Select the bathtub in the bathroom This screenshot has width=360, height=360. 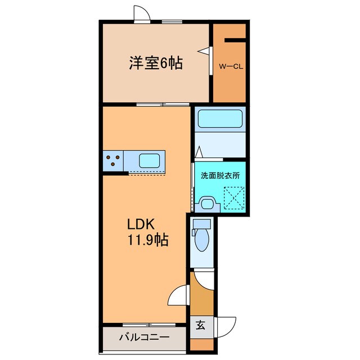(220, 119)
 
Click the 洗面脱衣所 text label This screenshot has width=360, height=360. (220, 175)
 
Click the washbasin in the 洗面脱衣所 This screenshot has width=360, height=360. (206, 202)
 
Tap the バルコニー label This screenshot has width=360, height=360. (143, 338)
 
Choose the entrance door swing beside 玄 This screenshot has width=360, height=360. (227, 327)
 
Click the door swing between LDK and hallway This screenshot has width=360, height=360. (179, 294)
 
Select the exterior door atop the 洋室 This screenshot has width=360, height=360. (142, 13)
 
